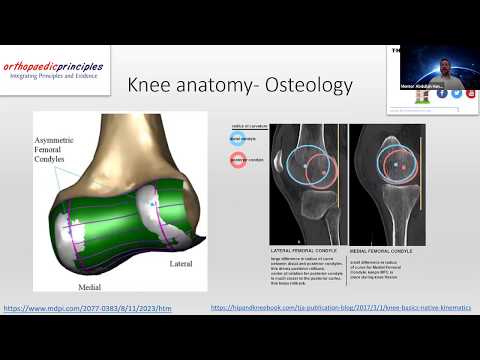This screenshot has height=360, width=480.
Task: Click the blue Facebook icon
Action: [x=442, y=93]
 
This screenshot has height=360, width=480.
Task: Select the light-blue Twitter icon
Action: [x=456, y=93]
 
